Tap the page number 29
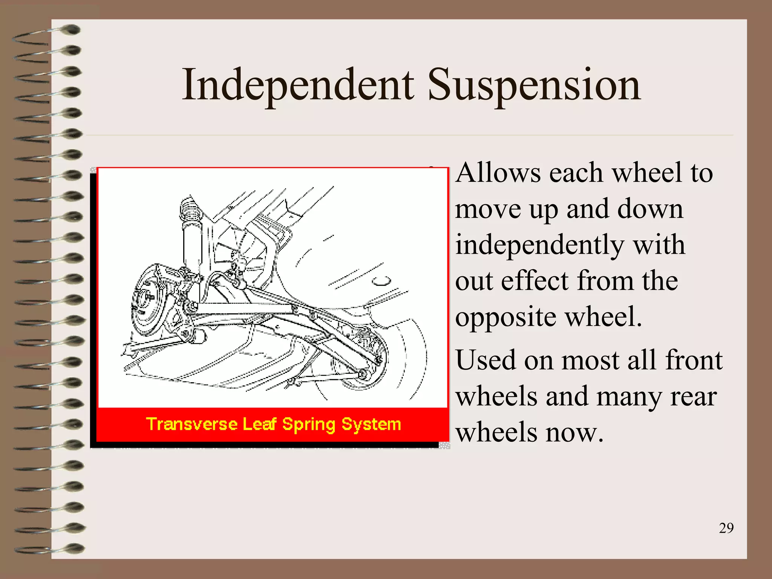click(x=726, y=528)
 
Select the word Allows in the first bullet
click(x=498, y=173)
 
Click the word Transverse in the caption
click(x=191, y=424)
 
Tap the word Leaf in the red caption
click(x=259, y=424)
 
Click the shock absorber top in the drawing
click(x=190, y=209)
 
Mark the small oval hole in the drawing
click(x=381, y=281)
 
